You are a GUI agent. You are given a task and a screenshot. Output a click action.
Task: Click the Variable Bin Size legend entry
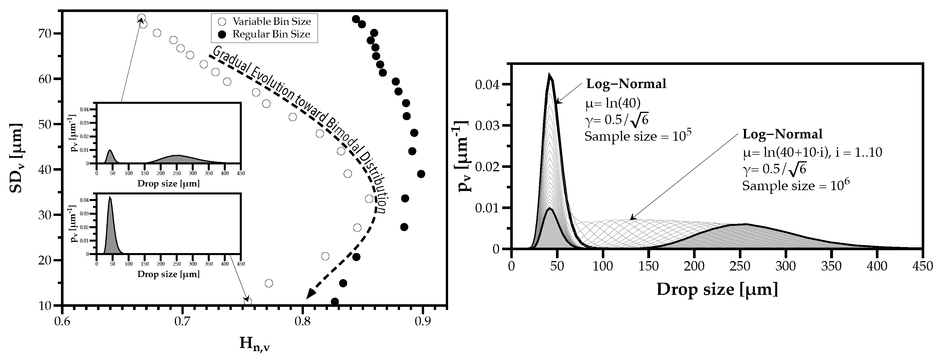271,21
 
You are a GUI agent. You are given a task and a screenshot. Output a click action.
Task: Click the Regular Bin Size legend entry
271,35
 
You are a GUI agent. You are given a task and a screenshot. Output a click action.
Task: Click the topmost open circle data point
142,18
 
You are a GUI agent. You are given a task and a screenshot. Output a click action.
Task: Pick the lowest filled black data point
335,302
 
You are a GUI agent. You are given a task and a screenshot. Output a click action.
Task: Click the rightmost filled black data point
421,174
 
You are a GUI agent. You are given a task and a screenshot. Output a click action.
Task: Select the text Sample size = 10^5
638,136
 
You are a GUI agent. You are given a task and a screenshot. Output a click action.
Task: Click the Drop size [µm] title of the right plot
717,290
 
